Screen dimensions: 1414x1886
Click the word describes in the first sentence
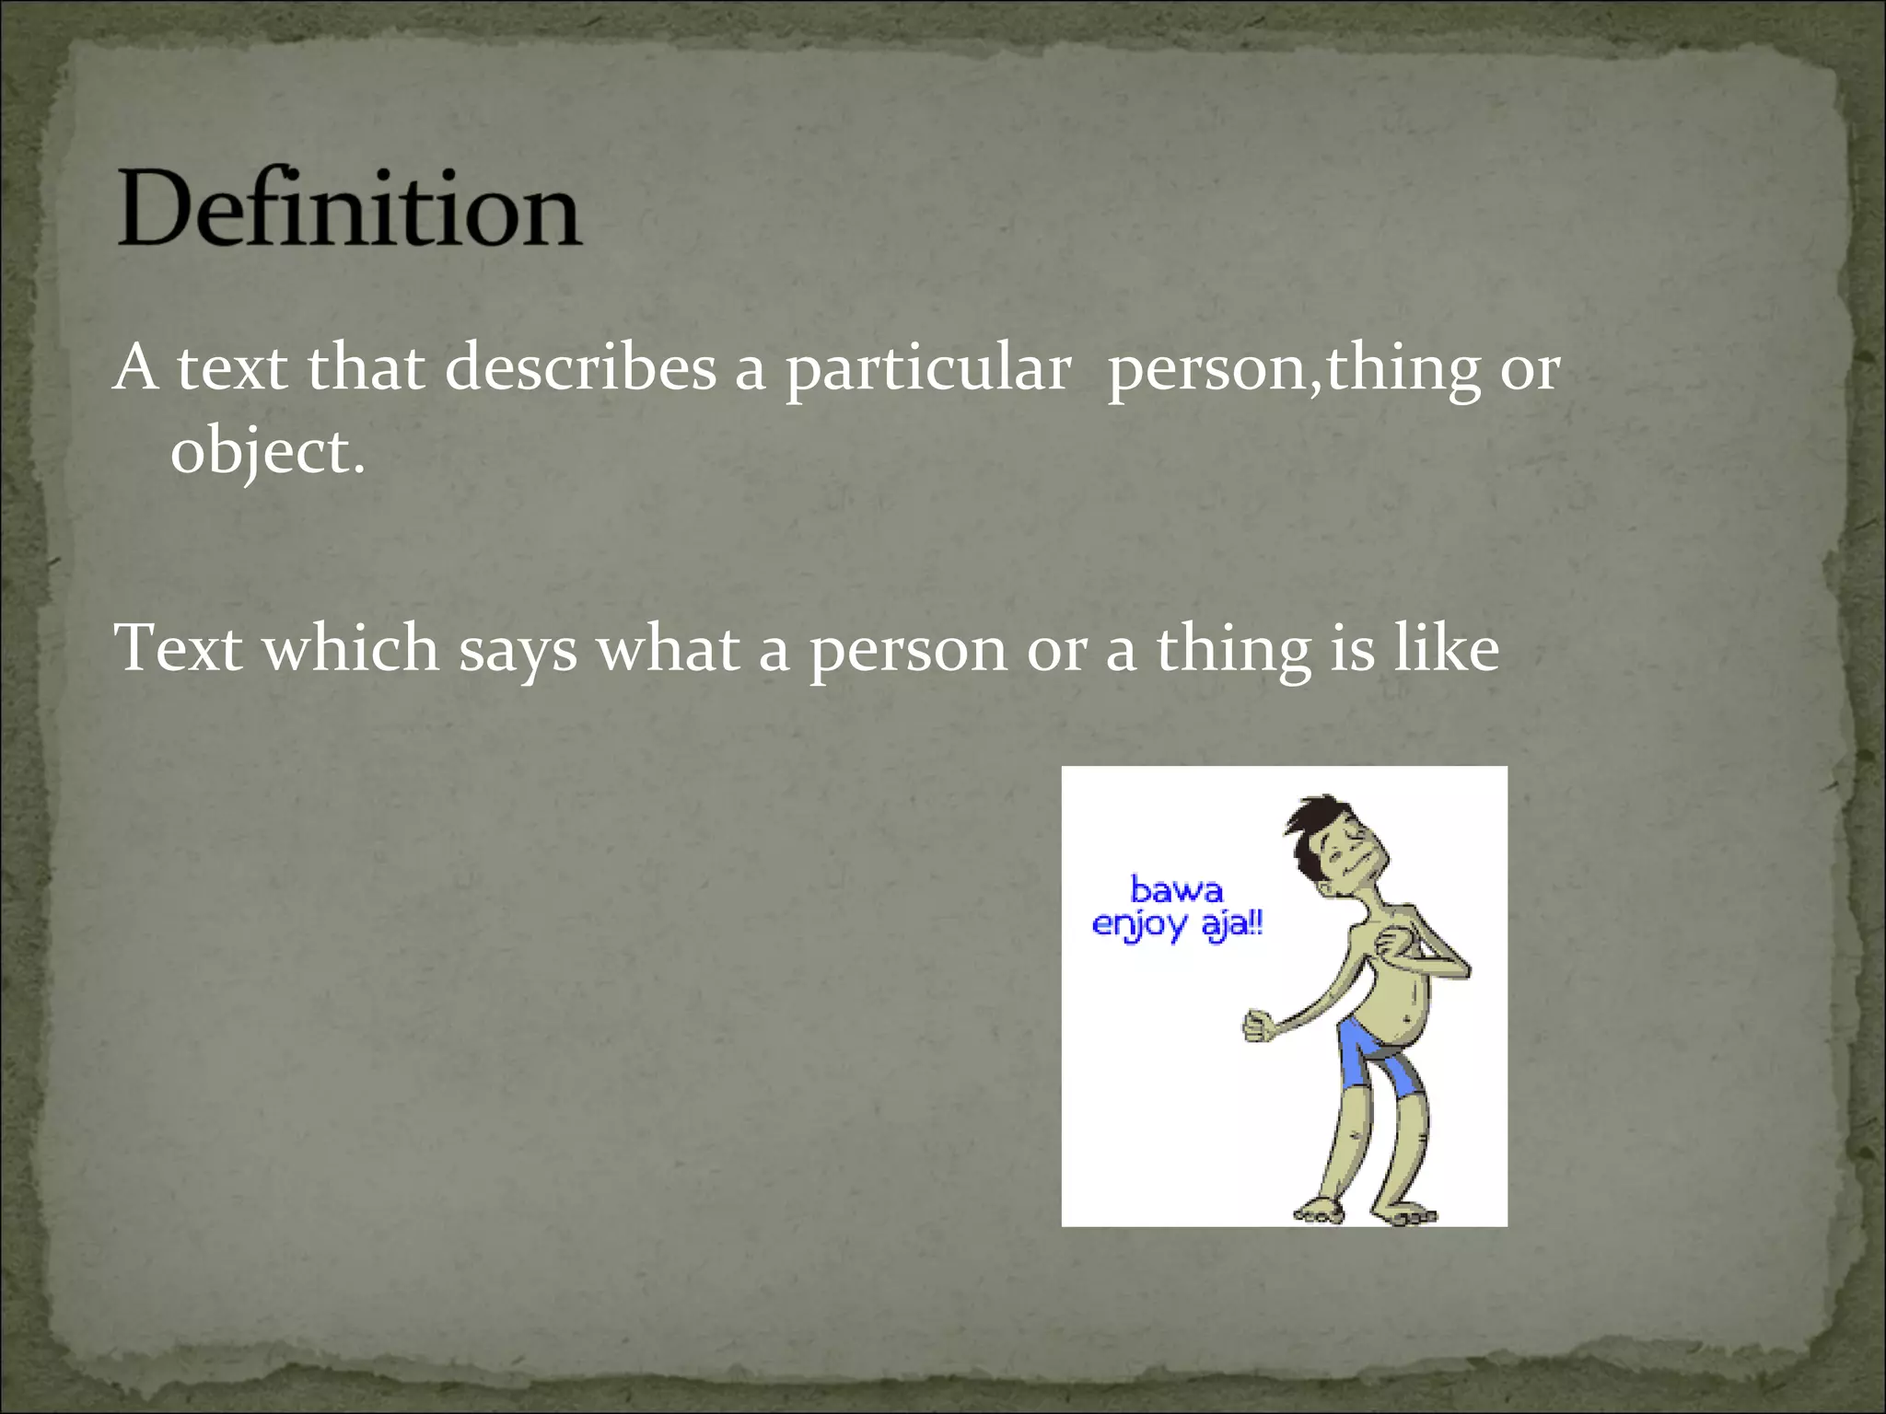click(580, 367)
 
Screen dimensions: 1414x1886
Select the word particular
click(928, 369)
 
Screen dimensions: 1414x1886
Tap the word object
click(267, 452)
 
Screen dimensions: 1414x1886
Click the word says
click(518, 650)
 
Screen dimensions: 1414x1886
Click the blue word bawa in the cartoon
click(1176, 890)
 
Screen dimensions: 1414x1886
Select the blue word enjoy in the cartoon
click(1139, 923)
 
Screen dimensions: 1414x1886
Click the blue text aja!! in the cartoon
click(1232, 923)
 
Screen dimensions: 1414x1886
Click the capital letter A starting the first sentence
click(135, 367)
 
